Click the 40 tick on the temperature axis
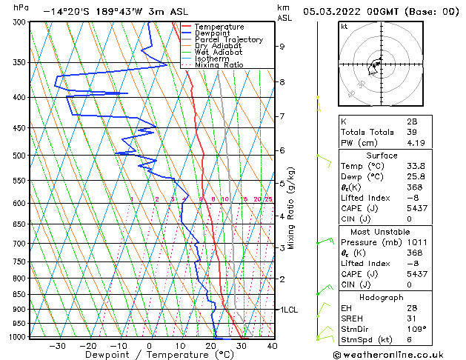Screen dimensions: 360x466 coord(272,346)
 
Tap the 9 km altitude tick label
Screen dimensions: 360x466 coord(282,47)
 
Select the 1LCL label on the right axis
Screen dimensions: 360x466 coord(289,310)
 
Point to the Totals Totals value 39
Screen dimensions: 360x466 coord(411,132)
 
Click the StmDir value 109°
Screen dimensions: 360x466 coord(416,329)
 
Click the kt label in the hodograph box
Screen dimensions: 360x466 coord(344,27)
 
